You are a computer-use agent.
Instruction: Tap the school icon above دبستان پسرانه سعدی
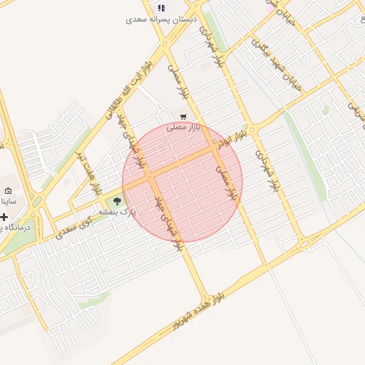coord(161,8)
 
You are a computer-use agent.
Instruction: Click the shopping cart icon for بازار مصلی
coord(184,116)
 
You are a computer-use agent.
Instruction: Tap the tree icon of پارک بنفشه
coord(117,202)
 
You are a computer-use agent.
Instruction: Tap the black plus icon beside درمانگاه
coord(4,217)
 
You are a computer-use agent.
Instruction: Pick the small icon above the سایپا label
coord(9,191)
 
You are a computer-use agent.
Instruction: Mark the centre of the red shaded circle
coord(182,182)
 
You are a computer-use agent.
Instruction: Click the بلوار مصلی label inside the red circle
coord(226,182)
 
